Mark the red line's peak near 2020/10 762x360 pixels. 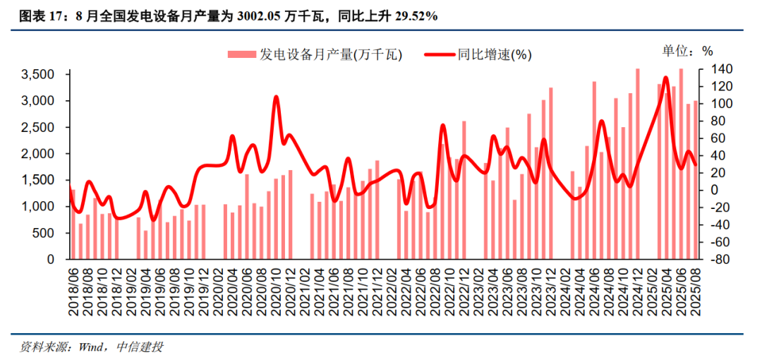click(x=276, y=97)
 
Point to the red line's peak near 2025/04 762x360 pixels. click(x=666, y=78)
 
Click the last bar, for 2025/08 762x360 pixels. click(x=696, y=180)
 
